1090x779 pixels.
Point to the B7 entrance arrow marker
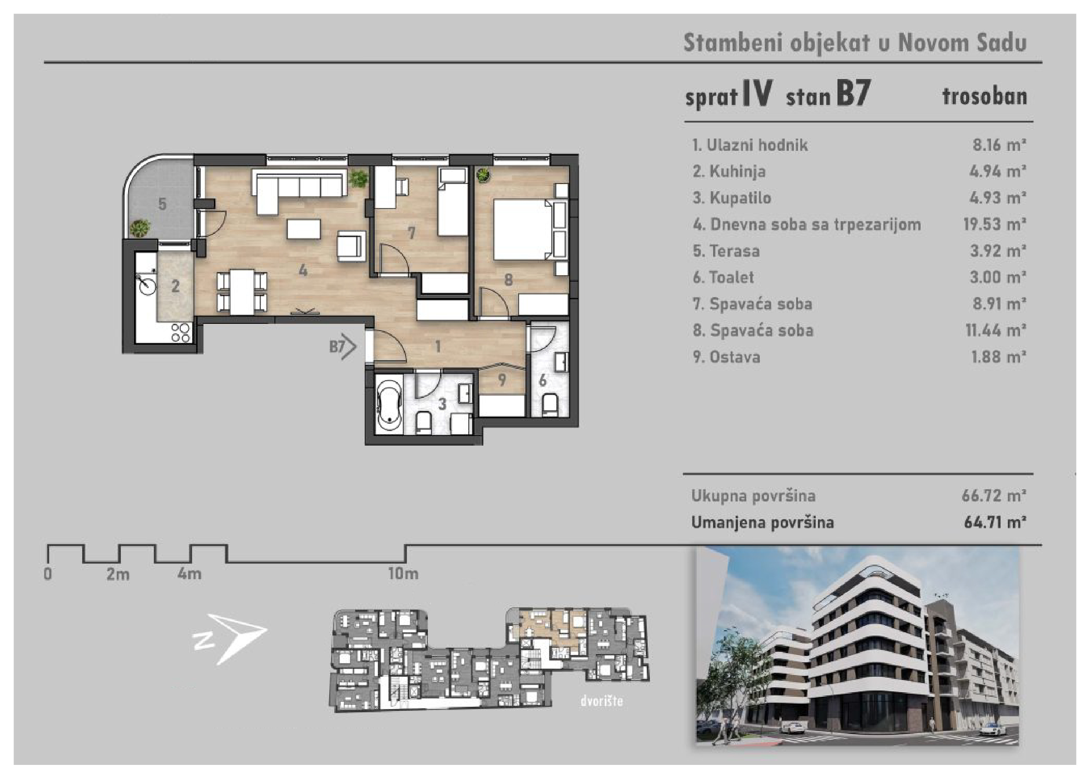pos(342,346)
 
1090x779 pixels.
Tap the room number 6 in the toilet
pos(542,380)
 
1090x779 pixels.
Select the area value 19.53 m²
pos(995,224)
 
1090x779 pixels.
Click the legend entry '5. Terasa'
pos(726,251)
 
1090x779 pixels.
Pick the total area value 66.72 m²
pos(994,496)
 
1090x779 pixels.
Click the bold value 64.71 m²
pos(995,522)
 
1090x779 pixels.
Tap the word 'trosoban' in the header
pos(985,96)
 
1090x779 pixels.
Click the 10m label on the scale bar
pos(403,573)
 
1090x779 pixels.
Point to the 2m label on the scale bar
pos(118,574)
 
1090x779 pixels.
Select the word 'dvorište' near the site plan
pos(601,701)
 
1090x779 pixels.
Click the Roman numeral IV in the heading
pos(757,94)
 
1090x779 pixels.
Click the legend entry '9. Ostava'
pos(726,357)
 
